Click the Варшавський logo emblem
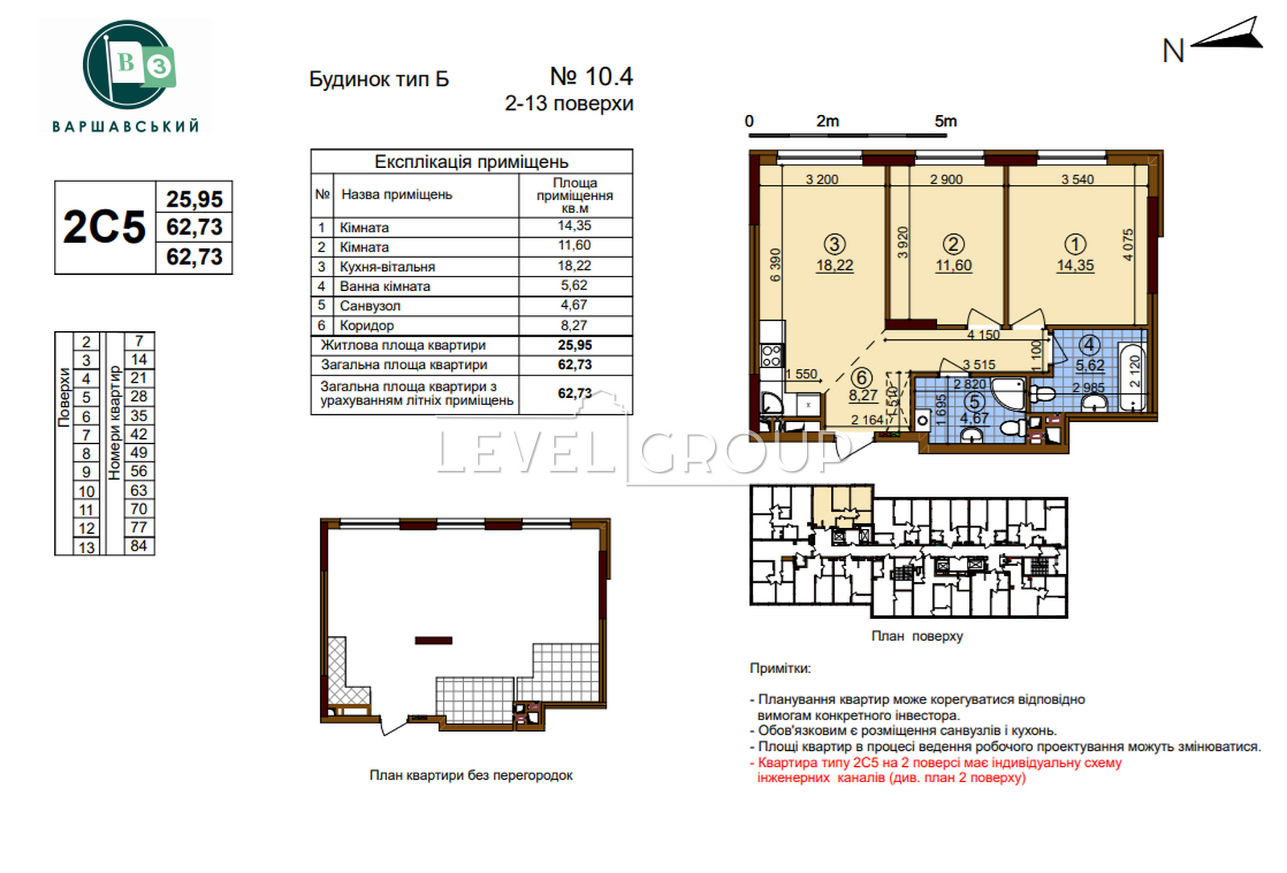pos(129,64)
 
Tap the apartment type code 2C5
pos(105,227)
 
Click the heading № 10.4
pos(591,76)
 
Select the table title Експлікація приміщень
pos(471,162)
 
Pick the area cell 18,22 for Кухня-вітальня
pos(574,265)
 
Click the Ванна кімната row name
pos(384,286)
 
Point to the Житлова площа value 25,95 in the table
pos(574,345)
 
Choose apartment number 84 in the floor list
pos(139,546)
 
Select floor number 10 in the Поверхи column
pos(86,492)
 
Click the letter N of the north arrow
pos(1173,51)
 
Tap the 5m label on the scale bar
pos(945,121)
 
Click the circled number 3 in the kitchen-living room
pos(834,244)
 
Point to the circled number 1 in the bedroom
pos(1075,244)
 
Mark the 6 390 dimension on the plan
pos(775,264)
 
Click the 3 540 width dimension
pos(1077,179)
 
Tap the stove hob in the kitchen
pos(771,355)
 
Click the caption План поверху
pos(917,636)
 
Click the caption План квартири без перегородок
pos(471,776)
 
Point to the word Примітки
pos(780,669)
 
